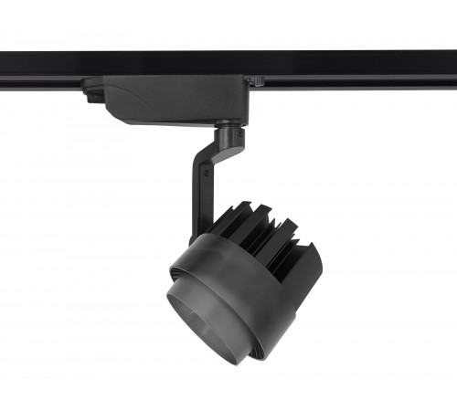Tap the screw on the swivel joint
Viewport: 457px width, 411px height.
point(240,137)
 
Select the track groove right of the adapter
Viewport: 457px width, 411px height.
point(356,80)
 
